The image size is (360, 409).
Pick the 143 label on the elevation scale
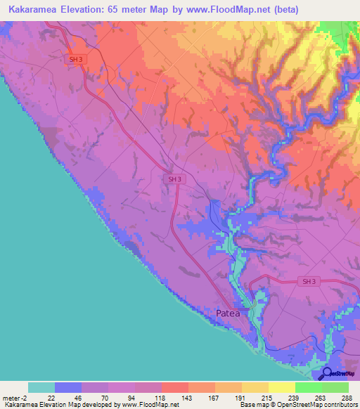click(x=188, y=398)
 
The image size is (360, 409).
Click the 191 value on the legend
click(x=241, y=398)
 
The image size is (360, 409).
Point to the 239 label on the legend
click(x=295, y=398)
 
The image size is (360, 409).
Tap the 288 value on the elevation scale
click(x=347, y=398)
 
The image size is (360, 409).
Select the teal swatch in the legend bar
click(x=41, y=387)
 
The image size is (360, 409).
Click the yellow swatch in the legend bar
click(x=281, y=387)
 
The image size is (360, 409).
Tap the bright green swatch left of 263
click(x=308, y=387)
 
